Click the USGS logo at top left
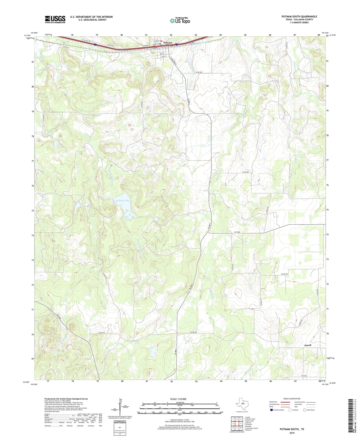(x=55, y=19)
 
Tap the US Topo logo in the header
(x=180, y=21)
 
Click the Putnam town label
(x=167, y=43)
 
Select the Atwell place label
(x=307, y=345)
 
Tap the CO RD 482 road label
(x=246, y=172)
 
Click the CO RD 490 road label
(x=197, y=72)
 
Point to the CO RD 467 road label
(x=101, y=333)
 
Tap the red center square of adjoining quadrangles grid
(x=237, y=424)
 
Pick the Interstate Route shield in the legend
(x=272, y=410)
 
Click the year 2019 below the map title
(x=292, y=433)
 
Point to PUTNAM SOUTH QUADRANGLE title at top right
(x=299, y=17)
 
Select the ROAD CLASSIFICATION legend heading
(x=292, y=399)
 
